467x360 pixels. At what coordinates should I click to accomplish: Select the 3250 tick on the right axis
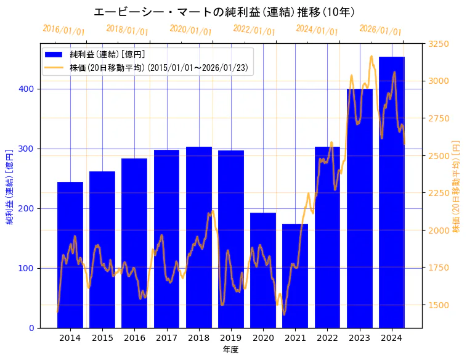439,44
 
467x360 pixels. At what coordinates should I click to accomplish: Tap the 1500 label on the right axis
439,305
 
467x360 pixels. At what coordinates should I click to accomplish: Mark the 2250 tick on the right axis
439,193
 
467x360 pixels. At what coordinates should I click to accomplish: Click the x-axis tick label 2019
231,338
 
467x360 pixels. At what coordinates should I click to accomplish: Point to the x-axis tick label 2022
327,338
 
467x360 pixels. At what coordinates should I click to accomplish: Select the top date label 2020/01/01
190,30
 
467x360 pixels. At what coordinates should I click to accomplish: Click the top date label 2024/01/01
317,30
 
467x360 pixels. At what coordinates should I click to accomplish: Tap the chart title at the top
224,12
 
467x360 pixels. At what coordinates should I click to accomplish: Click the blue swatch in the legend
54,55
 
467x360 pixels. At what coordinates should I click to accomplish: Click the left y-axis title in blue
10,186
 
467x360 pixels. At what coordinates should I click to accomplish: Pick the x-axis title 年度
230,350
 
